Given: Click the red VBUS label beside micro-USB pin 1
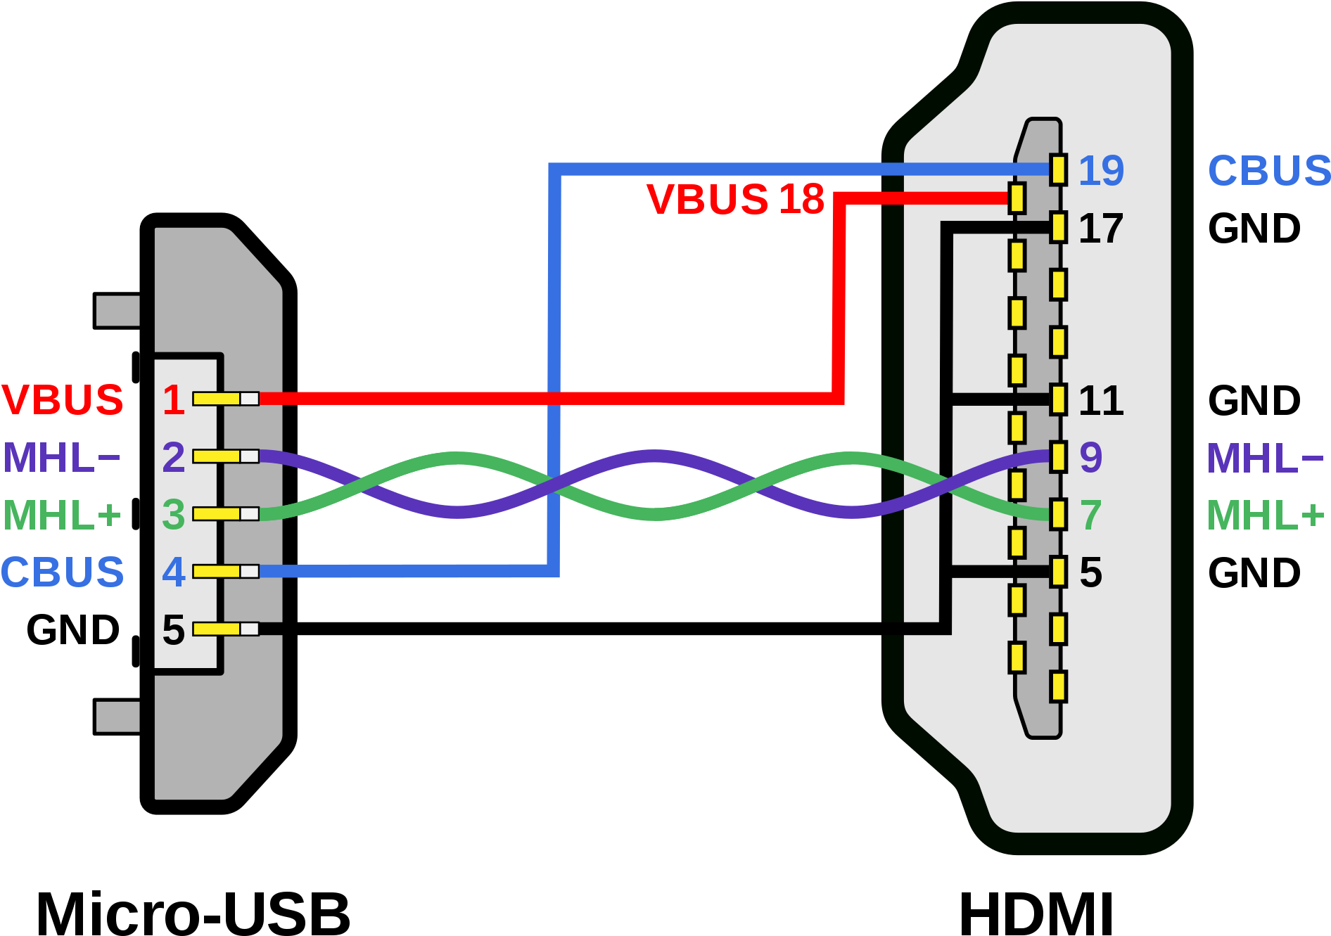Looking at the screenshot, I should [63, 399].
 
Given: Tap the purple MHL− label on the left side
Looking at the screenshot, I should [61, 458].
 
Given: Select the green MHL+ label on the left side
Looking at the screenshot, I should [62, 515].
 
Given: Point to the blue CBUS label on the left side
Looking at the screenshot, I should [63, 572].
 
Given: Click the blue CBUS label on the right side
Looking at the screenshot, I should [1268, 171].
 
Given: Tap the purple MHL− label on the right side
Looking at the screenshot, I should [1265, 458].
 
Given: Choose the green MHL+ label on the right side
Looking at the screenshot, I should [1265, 515].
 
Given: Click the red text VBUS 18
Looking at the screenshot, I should [735, 199].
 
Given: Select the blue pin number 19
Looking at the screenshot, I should [1101, 171].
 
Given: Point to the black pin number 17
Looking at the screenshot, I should [1101, 229].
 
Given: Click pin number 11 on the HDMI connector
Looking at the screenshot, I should [1101, 401].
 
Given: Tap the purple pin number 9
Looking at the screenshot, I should [1090, 458].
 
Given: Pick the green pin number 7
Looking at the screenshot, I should [1090, 515].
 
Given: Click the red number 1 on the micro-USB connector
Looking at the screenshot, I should [173, 399].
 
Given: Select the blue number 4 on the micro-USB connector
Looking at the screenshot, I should [173, 572].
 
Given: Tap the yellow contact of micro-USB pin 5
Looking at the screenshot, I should [217, 629].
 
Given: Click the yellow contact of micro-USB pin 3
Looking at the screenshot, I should [217, 514].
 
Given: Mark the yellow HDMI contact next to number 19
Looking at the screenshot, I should [1058, 170].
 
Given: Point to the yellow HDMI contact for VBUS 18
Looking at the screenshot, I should [1017, 198].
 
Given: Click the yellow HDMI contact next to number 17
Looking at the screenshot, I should [1058, 228].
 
